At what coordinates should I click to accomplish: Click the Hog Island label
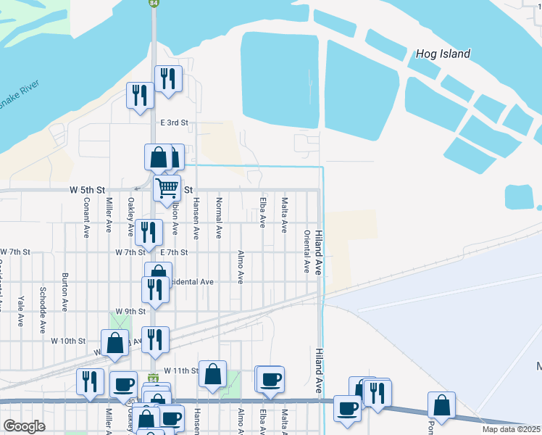click(x=443, y=54)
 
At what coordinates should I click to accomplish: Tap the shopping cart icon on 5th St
click(x=167, y=188)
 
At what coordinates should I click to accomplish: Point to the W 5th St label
click(x=84, y=188)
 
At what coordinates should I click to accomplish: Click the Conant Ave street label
click(x=86, y=217)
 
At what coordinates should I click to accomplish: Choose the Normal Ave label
click(x=218, y=219)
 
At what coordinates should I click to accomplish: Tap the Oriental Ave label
click(x=307, y=252)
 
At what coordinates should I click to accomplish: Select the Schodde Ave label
click(x=43, y=297)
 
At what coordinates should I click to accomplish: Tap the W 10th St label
click(x=68, y=340)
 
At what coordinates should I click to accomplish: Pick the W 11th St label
click(x=180, y=370)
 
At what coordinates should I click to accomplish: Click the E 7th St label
click(x=174, y=252)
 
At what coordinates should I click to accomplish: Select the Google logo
click(x=25, y=426)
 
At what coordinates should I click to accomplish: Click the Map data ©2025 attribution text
click(x=509, y=430)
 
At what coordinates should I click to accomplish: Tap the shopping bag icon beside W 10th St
click(x=115, y=343)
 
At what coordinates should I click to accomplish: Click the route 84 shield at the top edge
click(x=153, y=4)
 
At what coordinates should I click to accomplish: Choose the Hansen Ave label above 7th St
click(x=196, y=217)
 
